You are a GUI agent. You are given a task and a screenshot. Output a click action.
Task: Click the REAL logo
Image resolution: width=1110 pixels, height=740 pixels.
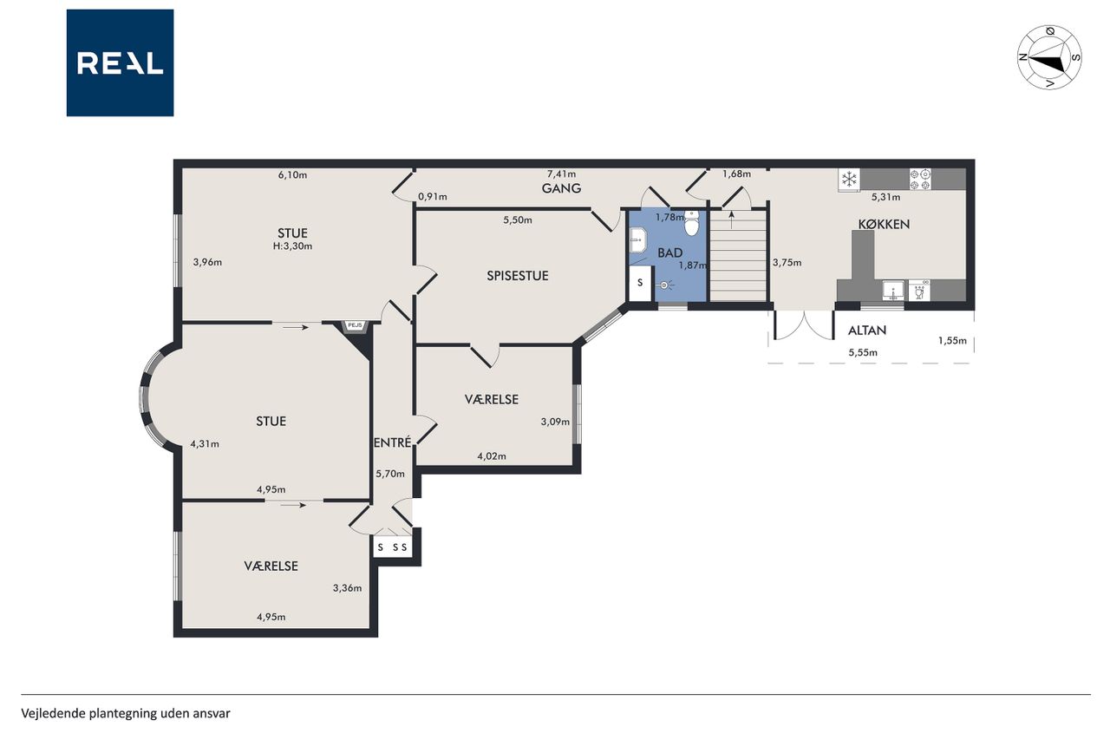pyautogui.click(x=120, y=63)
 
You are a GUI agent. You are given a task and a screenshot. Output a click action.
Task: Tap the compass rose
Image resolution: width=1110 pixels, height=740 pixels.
pyautogui.click(x=1049, y=57)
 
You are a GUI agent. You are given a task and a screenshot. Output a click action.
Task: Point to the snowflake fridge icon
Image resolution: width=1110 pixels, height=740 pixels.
pyautogui.click(x=849, y=179)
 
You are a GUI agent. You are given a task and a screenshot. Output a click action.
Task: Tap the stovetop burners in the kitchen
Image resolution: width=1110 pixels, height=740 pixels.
pyautogui.click(x=920, y=180)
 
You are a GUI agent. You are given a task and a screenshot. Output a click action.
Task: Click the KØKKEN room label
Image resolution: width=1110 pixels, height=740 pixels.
pyautogui.click(x=884, y=225)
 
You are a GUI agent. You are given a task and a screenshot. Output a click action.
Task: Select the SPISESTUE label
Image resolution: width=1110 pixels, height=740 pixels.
pyautogui.click(x=518, y=276)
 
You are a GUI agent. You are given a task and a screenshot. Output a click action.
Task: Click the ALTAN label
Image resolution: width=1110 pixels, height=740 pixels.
pyautogui.click(x=867, y=331)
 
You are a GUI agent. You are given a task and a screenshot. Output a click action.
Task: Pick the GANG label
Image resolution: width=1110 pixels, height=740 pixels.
pyautogui.click(x=561, y=188)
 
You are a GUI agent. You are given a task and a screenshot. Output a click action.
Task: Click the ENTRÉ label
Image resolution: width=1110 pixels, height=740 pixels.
pyautogui.click(x=393, y=442)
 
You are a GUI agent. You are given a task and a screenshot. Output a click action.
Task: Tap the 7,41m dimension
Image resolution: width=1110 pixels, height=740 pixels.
pyautogui.click(x=561, y=174)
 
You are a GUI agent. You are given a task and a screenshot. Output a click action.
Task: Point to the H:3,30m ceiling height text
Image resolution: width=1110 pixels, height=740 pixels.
pyautogui.click(x=292, y=246)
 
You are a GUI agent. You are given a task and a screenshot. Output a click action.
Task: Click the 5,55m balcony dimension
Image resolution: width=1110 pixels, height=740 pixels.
pyautogui.click(x=863, y=353)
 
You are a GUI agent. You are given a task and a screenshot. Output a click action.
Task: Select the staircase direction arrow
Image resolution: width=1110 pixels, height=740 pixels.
pyautogui.click(x=731, y=220)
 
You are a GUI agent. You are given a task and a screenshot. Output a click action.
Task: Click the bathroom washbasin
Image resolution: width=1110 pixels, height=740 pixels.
pyautogui.click(x=638, y=241)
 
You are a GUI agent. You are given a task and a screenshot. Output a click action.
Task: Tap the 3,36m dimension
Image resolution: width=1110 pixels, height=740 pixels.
pyautogui.click(x=347, y=588)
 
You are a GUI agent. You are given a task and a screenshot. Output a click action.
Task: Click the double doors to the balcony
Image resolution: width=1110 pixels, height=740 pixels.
pyautogui.click(x=804, y=325)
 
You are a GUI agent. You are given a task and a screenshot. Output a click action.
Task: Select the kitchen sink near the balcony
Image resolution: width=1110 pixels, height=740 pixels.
pyautogui.click(x=893, y=291)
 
